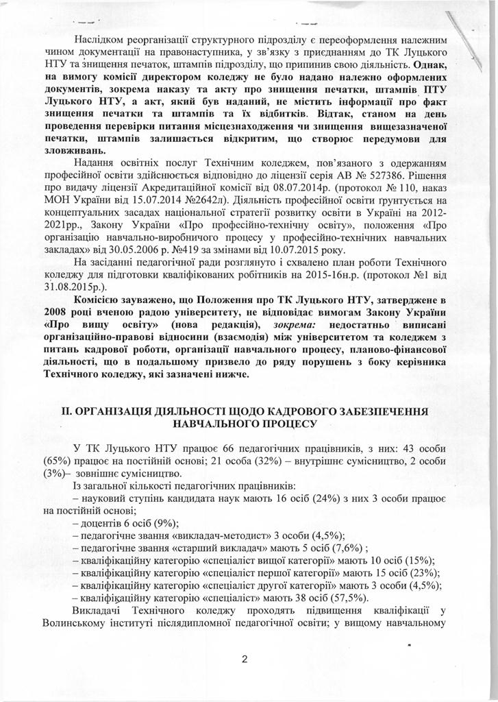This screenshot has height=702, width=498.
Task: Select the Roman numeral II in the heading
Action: (66, 411)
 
